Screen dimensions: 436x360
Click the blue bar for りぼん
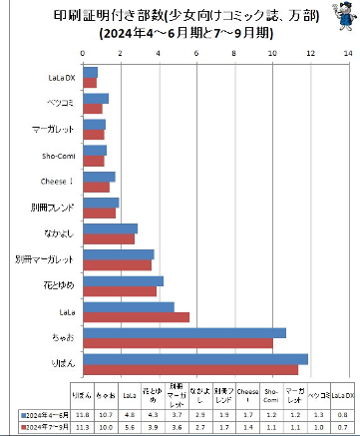[x=195, y=359]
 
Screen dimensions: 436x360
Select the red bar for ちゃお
[x=180, y=343]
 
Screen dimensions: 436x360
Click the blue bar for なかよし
[x=111, y=229]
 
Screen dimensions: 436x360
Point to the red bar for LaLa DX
[x=91, y=84]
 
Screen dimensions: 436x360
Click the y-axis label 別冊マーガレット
[x=45, y=260]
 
